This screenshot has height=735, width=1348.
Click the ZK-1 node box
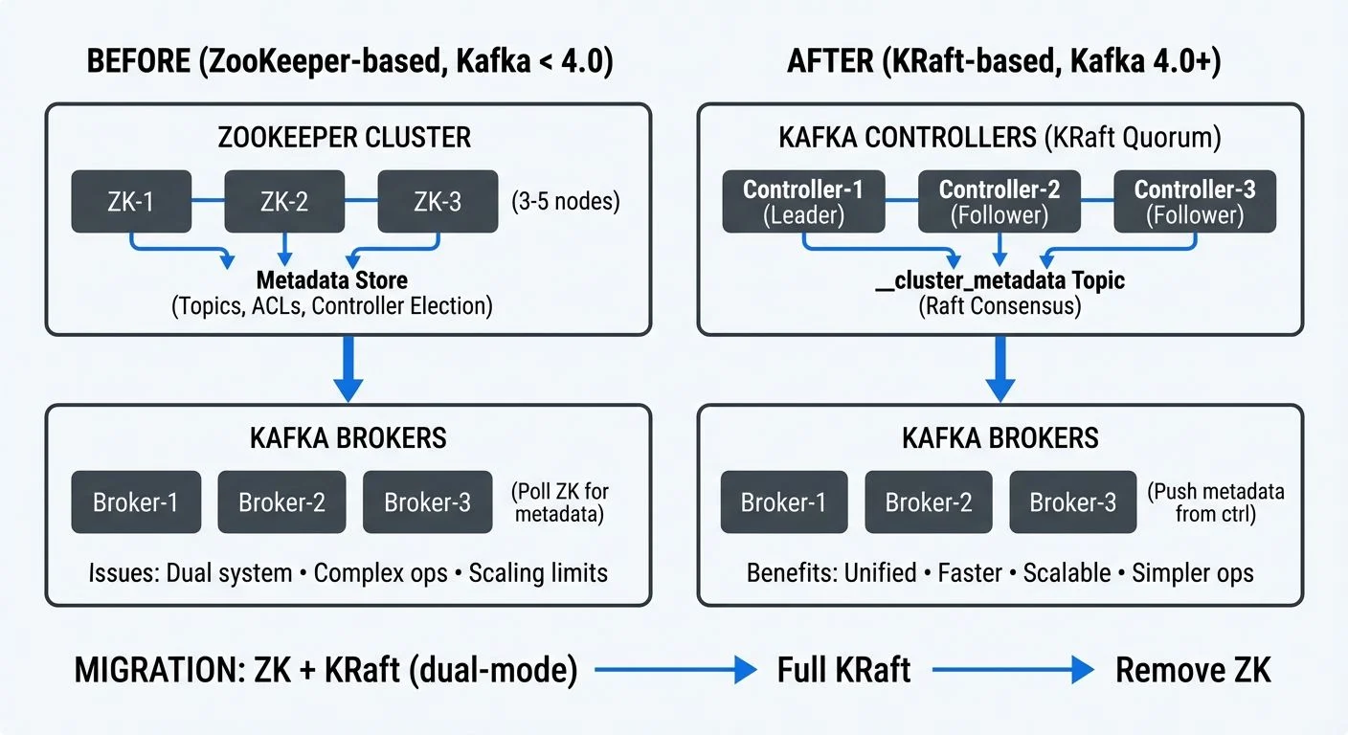pyautogui.click(x=131, y=202)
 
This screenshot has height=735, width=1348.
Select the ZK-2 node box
pyautogui.click(x=284, y=202)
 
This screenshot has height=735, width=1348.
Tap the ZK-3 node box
pyautogui.click(x=438, y=202)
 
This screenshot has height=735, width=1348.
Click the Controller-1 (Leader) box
pyautogui.click(x=803, y=202)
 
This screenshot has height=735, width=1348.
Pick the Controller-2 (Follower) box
pyautogui.click(x=1000, y=202)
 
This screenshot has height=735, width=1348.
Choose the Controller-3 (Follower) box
pyautogui.click(x=1195, y=202)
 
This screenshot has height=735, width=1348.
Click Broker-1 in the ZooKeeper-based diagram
pyautogui.click(x=136, y=502)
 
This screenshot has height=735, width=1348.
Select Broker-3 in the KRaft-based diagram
pyautogui.click(x=1073, y=502)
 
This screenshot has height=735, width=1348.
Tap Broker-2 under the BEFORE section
pyautogui.click(x=281, y=502)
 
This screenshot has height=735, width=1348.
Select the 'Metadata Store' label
pyautogui.click(x=331, y=280)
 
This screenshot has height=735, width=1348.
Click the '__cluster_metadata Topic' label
pyautogui.click(x=1000, y=280)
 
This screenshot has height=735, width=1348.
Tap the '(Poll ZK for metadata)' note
pyautogui.click(x=561, y=502)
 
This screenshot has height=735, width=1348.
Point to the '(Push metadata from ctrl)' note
pyautogui.click(x=1215, y=502)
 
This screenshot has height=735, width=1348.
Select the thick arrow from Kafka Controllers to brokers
pyautogui.click(x=1000, y=369)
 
